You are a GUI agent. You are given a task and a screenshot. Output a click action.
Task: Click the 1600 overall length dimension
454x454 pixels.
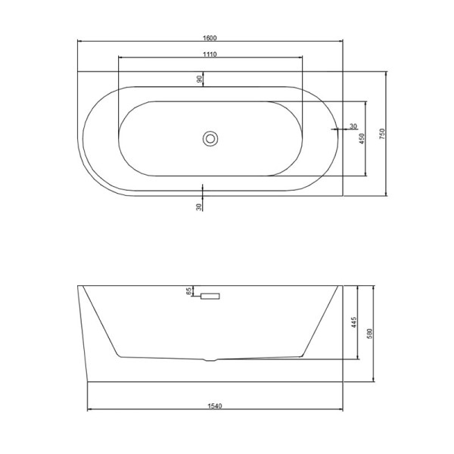(x=210, y=38)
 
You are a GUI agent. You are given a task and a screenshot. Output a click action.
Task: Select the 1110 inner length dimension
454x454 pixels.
(x=210, y=54)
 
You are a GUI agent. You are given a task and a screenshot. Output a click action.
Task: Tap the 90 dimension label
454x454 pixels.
(x=199, y=79)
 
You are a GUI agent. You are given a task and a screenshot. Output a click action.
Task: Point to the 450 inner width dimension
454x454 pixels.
(x=362, y=138)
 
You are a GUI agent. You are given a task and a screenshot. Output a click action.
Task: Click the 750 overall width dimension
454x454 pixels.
(x=382, y=134)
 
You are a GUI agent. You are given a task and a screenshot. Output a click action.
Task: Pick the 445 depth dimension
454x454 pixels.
(x=354, y=322)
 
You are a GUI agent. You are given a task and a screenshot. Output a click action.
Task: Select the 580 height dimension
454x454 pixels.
(x=369, y=334)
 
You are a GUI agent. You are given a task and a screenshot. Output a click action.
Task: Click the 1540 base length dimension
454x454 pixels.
(x=215, y=406)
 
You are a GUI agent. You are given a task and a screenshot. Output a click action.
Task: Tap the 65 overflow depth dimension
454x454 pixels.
(x=188, y=291)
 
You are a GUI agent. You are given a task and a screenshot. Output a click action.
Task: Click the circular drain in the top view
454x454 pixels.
(x=210, y=138)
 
